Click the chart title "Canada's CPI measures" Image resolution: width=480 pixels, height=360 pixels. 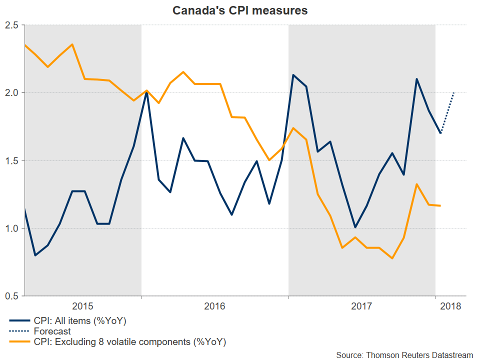pos(240,10)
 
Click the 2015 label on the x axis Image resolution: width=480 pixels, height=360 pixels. pos(82,305)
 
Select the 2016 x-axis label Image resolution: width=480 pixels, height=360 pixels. pos(214,305)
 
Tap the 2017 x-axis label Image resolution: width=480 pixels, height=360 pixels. pos(361,305)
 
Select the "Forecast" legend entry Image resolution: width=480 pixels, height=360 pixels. pos(52,331)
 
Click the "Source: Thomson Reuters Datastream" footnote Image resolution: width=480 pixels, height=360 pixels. pos(404,354)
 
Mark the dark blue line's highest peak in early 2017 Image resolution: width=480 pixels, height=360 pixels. pos(293,75)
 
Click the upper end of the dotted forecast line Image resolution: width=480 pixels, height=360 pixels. pos(453,92)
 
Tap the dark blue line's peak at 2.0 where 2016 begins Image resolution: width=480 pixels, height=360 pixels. pos(146,93)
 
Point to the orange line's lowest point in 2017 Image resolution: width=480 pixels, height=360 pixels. pos(392,258)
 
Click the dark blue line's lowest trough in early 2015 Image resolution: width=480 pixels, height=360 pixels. pos(35,255)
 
